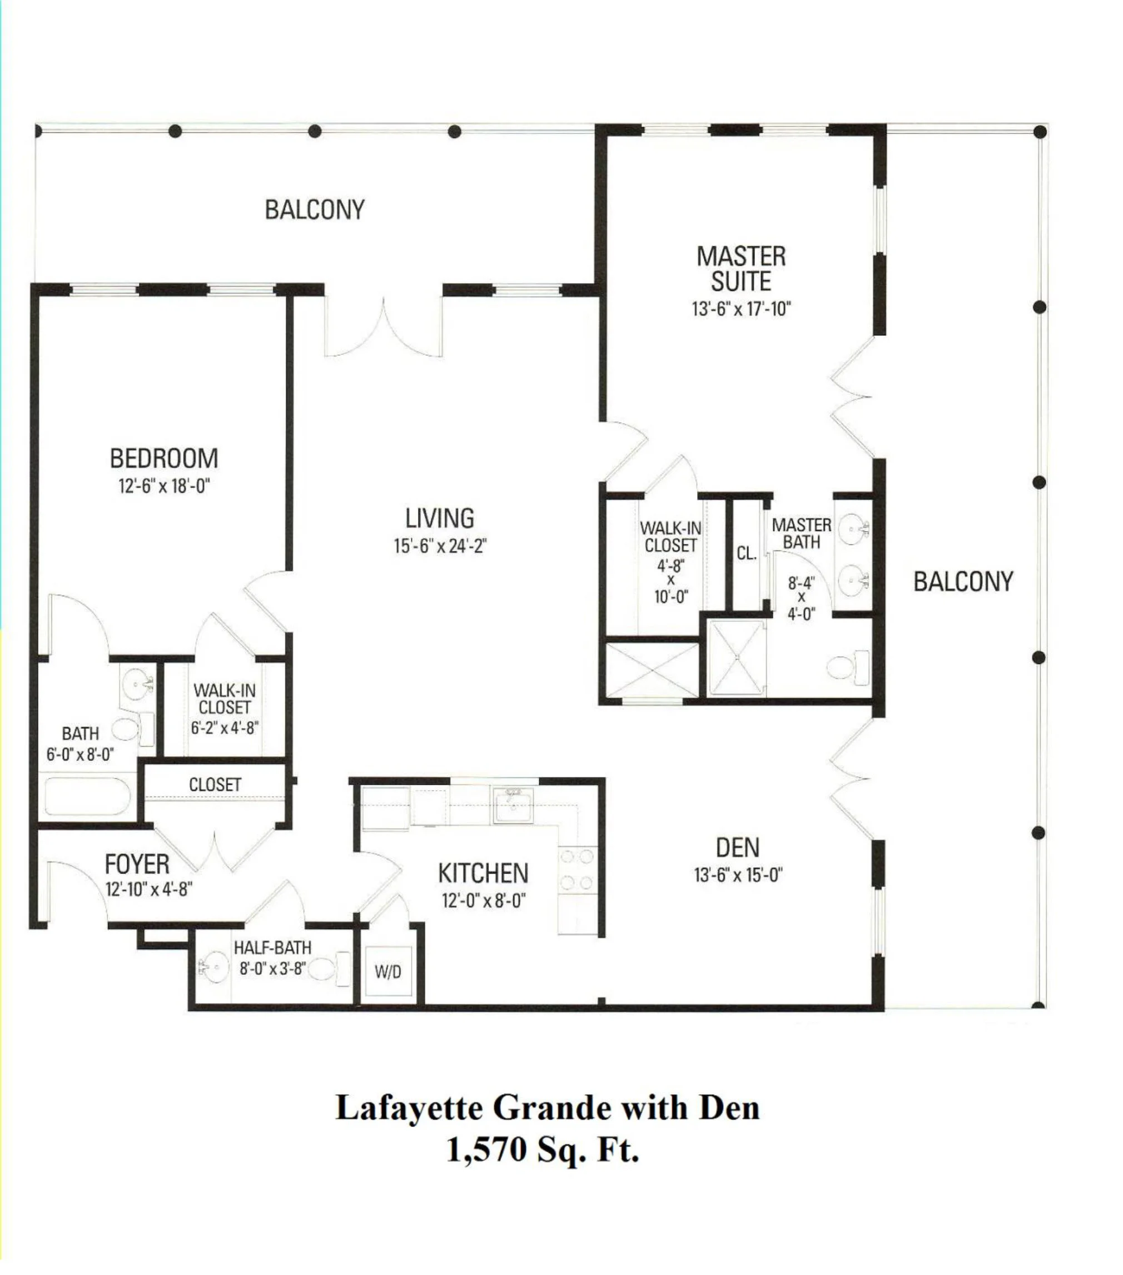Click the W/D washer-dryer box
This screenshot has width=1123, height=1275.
click(388, 971)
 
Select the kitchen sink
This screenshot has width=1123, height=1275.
click(513, 806)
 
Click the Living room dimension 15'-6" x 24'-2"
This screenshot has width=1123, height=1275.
click(440, 547)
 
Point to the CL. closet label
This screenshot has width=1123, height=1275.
click(747, 553)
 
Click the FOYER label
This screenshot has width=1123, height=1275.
click(137, 865)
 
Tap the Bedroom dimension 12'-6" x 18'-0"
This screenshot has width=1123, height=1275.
click(164, 486)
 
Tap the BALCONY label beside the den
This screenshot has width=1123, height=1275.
click(963, 582)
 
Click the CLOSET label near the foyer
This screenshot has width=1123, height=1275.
click(215, 785)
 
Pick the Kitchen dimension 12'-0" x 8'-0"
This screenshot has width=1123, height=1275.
click(483, 901)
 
